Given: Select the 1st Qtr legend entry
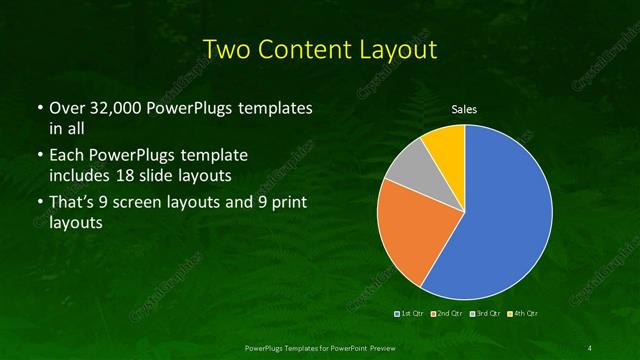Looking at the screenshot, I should pyautogui.click(x=409, y=314).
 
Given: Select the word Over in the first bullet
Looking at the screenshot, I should pyautogui.click(x=66, y=107).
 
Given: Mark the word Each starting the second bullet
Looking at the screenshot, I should pyautogui.click(x=66, y=157).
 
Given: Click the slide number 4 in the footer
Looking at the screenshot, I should pyautogui.click(x=591, y=347).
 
